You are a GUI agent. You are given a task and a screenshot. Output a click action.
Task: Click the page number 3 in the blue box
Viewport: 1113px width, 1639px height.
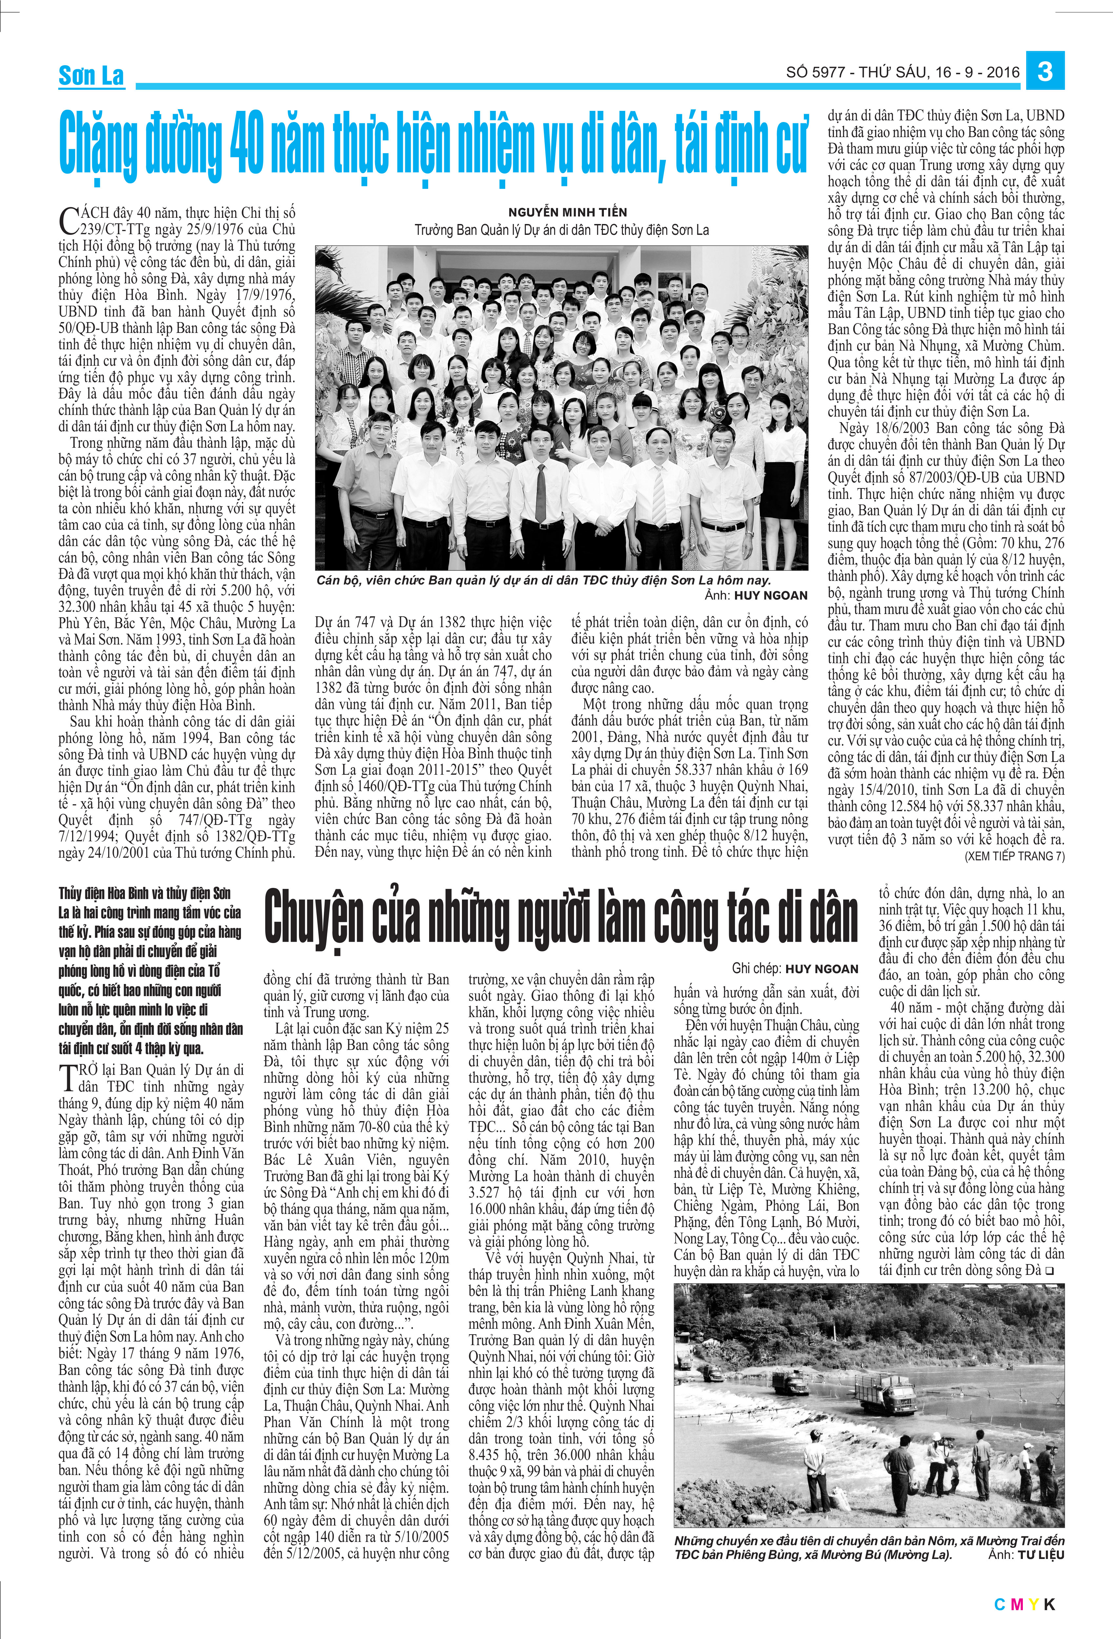[1045, 71]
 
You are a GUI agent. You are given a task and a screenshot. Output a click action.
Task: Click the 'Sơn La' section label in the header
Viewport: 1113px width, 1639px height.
[91, 75]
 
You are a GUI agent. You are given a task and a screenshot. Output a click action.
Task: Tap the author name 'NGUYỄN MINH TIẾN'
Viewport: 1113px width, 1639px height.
[567, 212]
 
